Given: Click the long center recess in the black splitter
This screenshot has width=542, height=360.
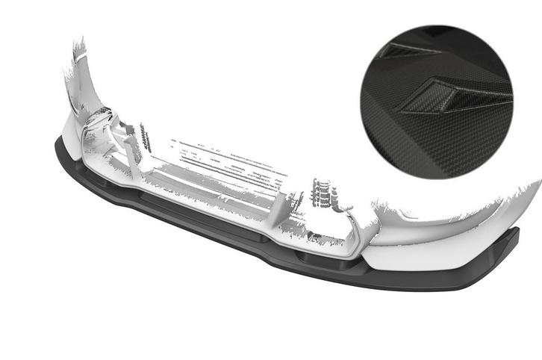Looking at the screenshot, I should [202, 217].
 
